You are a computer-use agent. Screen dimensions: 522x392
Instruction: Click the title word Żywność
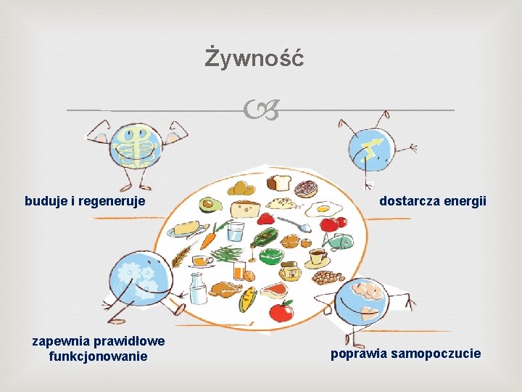[x=254, y=57]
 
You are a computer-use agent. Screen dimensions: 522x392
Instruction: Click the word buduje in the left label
[x=46, y=200]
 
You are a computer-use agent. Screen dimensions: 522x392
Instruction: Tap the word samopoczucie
[x=435, y=354]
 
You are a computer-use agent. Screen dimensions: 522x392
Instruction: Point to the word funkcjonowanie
[x=98, y=356]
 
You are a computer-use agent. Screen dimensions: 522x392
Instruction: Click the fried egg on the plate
[x=323, y=209]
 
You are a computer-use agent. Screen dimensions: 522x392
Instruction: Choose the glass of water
[x=236, y=232]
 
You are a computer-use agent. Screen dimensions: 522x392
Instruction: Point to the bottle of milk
[x=198, y=288]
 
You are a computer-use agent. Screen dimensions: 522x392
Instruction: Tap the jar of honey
[x=289, y=271]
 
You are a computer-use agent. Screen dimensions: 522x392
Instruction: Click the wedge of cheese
[x=245, y=209]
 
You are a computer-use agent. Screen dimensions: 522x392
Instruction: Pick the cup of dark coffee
[x=317, y=257]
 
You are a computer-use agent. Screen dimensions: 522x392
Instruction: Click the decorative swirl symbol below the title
[x=261, y=111]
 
